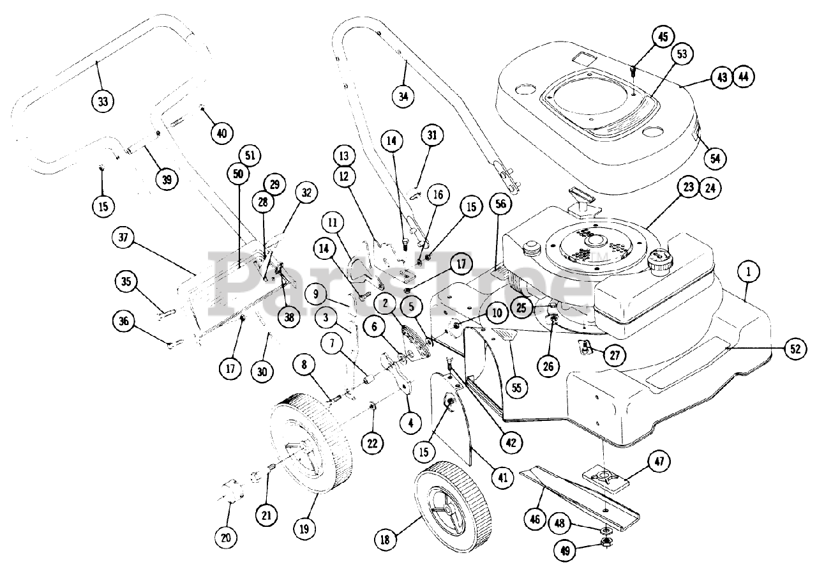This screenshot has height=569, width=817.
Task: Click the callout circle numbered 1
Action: [x=749, y=271]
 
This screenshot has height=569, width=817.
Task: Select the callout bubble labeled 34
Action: [x=403, y=96]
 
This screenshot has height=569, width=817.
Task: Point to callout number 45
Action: [x=663, y=36]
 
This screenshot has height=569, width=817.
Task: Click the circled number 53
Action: [x=682, y=54]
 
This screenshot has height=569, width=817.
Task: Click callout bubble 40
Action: [x=221, y=133]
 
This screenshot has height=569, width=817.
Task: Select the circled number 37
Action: [x=124, y=238]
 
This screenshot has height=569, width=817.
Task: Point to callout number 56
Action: [x=500, y=204]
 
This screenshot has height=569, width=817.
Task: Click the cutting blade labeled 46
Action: [x=574, y=492]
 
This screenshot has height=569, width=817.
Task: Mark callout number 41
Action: [x=504, y=476]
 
